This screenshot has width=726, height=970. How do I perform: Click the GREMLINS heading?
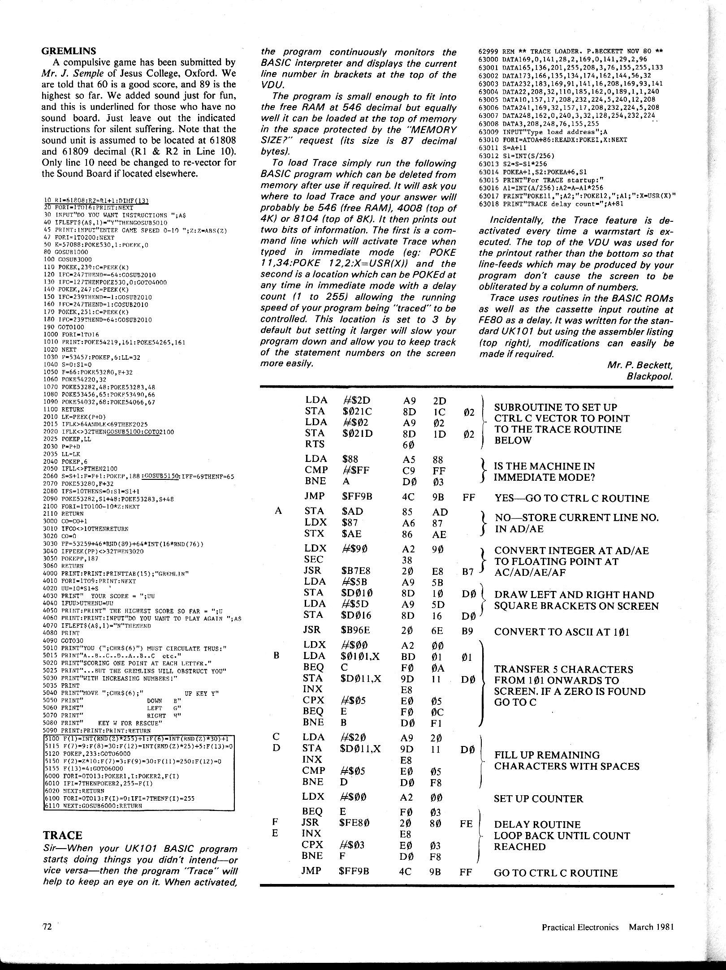[69, 51]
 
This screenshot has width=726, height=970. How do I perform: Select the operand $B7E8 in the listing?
[356, 571]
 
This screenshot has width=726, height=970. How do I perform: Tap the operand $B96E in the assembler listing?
[356, 629]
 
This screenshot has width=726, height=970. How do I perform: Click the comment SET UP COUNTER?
[538, 799]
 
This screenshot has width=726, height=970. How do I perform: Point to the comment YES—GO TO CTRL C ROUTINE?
[571, 498]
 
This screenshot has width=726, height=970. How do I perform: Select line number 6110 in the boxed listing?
[52, 806]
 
